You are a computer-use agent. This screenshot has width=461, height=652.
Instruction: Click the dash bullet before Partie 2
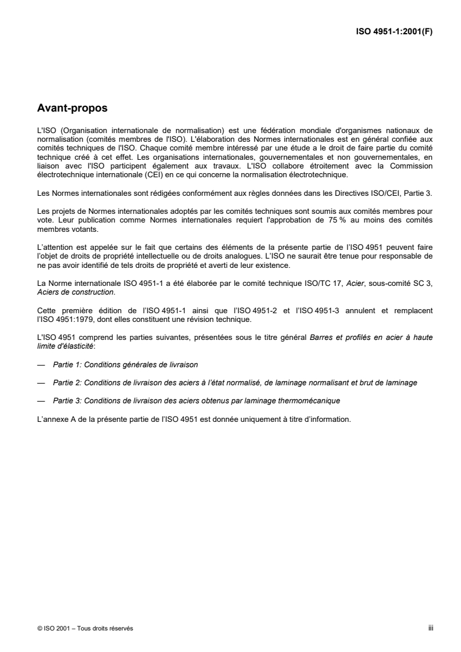[41, 383]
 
